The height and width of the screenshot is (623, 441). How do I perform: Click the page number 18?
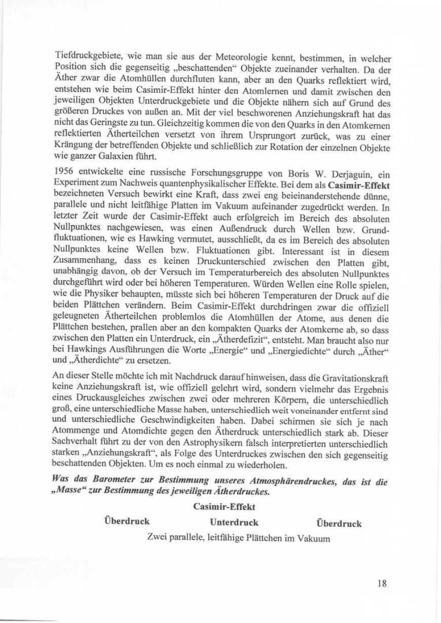(x=382, y=583)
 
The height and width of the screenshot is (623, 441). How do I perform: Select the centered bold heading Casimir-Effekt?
(x=224, y=507)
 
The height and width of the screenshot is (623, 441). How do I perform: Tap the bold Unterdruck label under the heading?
(x=234, y=523)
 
